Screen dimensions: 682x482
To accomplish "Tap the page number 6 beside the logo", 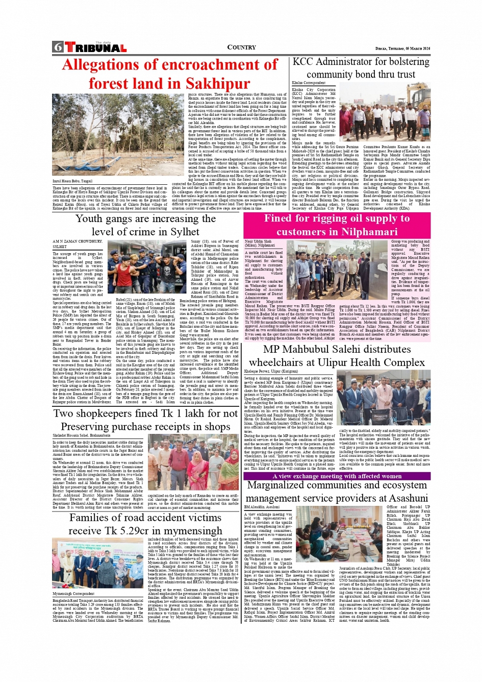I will [58, 47].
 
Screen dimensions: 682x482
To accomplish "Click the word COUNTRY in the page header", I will [241, 47].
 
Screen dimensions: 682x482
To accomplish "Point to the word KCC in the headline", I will [303, 62].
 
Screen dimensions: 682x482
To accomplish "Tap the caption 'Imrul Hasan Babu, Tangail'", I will [72, 181].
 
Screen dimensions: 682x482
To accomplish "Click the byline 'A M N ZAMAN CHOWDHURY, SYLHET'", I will [77, 243].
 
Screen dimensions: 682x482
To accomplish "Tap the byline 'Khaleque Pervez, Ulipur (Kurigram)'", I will [271, 372].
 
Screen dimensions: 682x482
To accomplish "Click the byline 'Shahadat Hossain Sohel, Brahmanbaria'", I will [81, 435].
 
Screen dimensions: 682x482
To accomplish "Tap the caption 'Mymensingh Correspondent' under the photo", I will [73, 594].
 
